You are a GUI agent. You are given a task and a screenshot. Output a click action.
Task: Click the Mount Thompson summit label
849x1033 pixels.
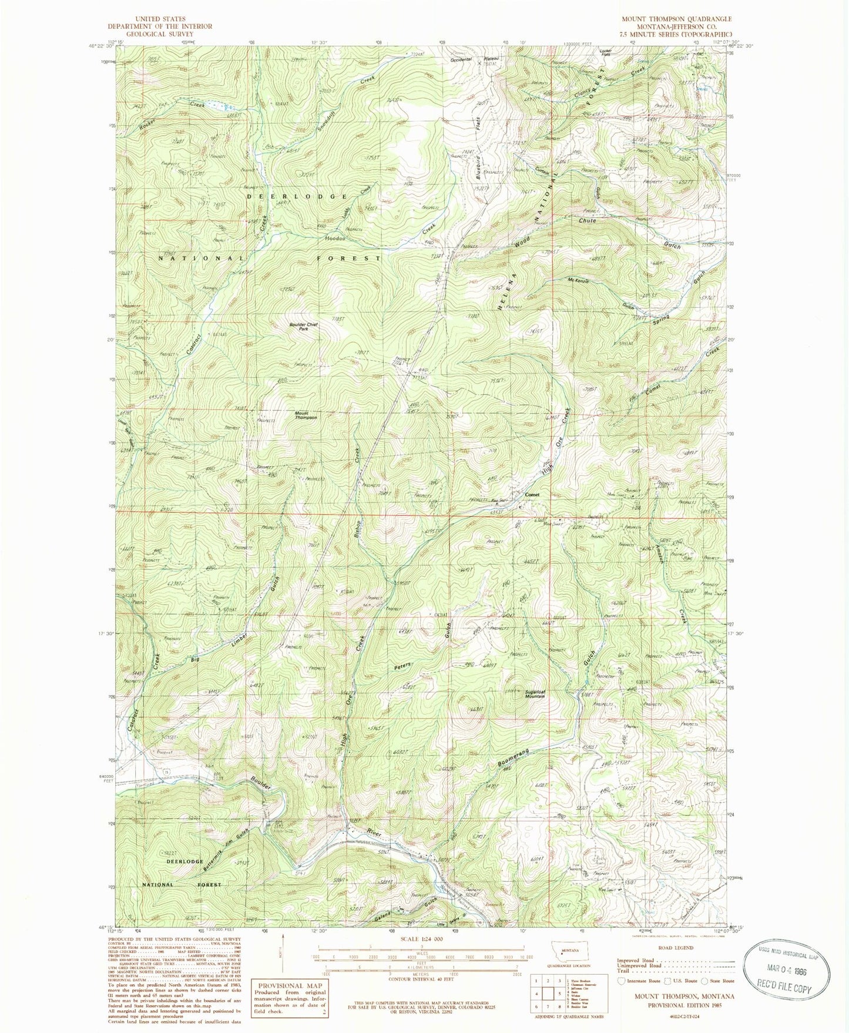click(306, 415)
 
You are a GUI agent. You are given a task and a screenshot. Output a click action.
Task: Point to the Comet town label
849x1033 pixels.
click(532, 494)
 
